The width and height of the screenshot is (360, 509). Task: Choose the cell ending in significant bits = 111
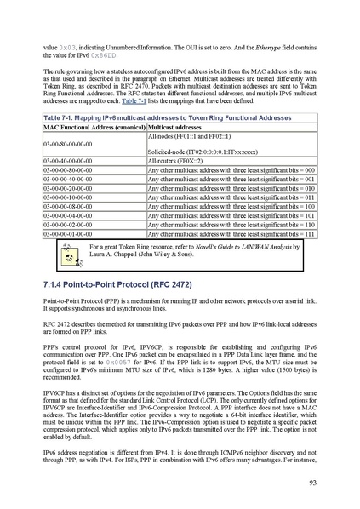pos(231,233)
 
